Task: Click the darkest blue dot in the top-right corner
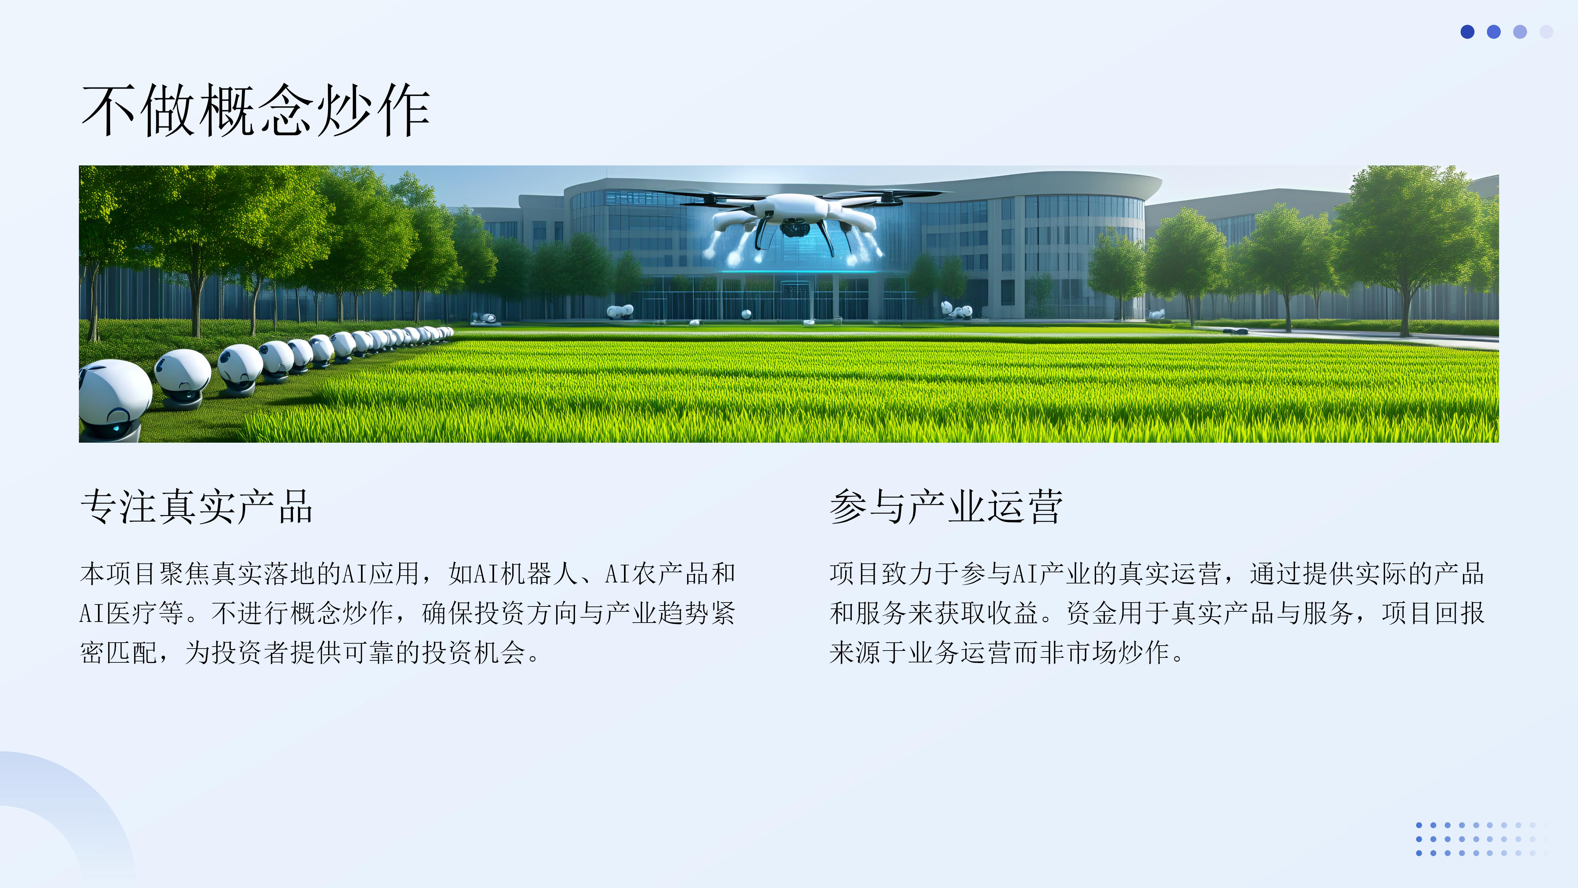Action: (1467, 32)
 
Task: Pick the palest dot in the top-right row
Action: (1546, 32)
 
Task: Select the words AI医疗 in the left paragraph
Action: (119, 613)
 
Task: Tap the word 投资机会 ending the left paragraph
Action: (473, 652)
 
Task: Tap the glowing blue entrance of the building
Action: (796, 288)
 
